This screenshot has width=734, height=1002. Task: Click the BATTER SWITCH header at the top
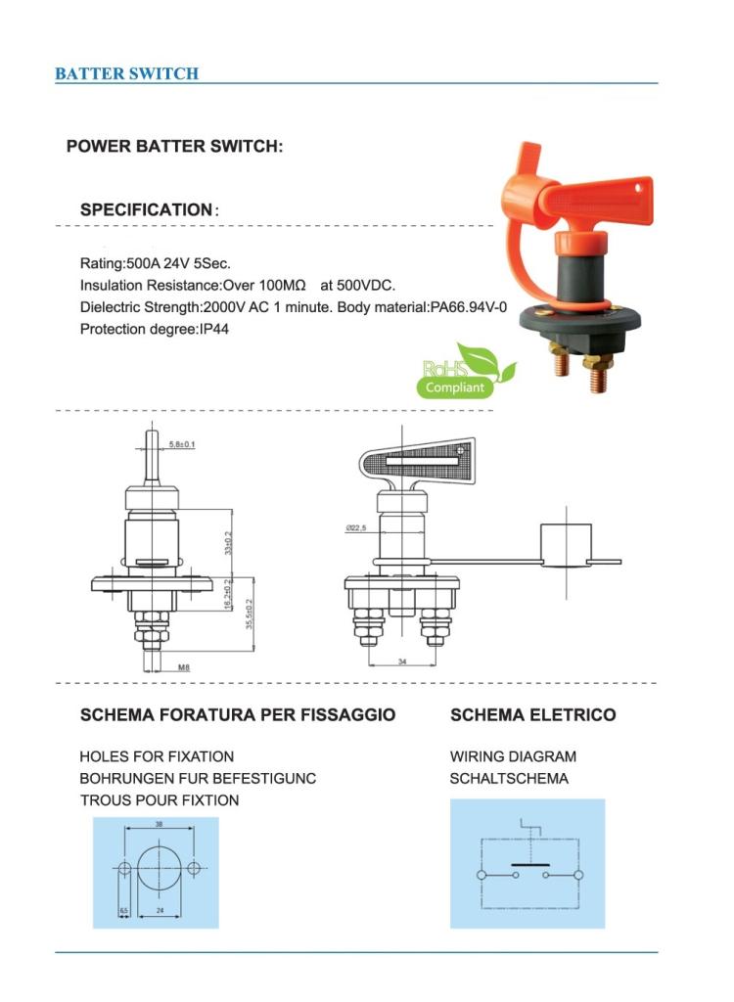(126, 73)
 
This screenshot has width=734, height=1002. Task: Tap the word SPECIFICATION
(146, 209)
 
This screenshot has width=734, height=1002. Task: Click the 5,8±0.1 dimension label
(182, 445)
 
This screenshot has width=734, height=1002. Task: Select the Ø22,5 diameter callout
(355, 528)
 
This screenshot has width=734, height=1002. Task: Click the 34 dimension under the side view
(401, 661)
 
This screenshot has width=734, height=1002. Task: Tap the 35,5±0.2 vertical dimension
(250, 614)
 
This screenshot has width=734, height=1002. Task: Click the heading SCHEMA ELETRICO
(532, 715)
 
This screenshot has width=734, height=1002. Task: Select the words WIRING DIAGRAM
(513, 756)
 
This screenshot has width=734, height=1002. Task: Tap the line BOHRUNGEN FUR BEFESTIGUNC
(198, 779)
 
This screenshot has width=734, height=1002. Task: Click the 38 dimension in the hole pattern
(159, 825)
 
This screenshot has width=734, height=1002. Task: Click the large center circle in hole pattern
(159, 869)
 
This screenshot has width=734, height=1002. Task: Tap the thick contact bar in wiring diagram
(529, 865)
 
